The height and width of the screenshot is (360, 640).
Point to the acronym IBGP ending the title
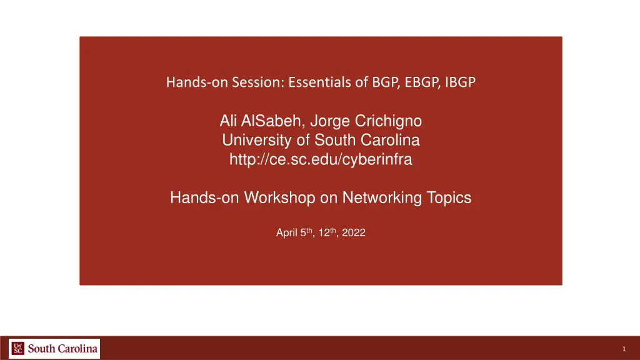(460, 82)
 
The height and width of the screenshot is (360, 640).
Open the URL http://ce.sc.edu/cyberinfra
(321, 160)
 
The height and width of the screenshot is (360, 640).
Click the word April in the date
(286, 233)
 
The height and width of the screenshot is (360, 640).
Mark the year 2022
(353, 233)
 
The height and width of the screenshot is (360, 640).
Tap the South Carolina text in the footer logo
(62, 349)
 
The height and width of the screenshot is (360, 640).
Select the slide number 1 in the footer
(624, 349)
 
